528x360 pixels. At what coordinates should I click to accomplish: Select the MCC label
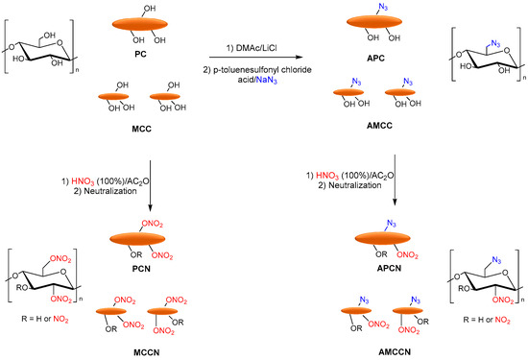click(x=142, y=131)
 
